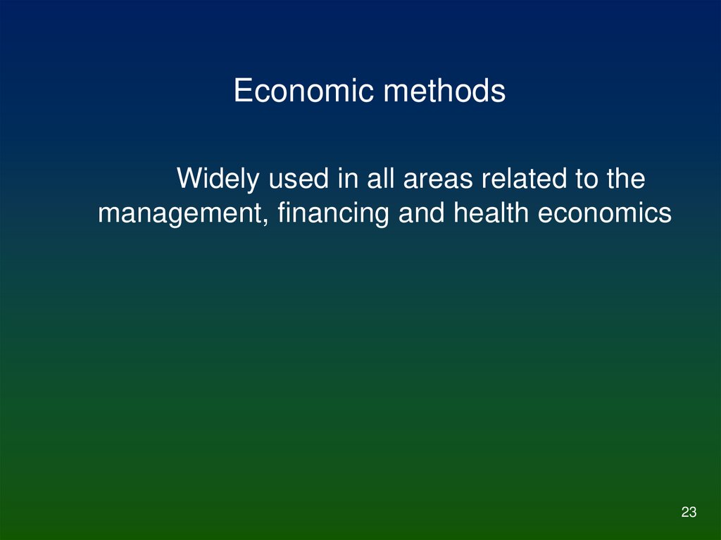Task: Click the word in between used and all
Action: (345, 179)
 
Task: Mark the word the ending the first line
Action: (625, 179)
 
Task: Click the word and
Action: (422, 214)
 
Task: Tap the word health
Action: (491, 214)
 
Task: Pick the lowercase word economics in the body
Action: (605, 214)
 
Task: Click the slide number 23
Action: (689, 513)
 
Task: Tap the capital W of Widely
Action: (187, 179)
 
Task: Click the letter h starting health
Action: (459, 214)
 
